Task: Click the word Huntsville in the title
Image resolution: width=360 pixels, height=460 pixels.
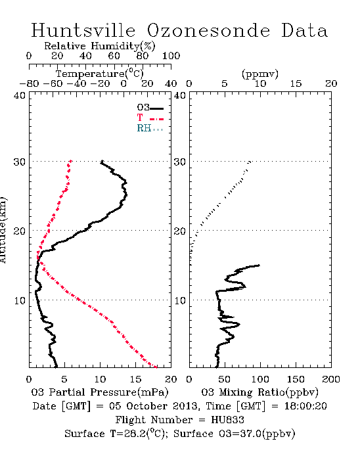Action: click(83, 30)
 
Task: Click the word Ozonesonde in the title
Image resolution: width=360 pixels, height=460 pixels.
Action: click(208, 30)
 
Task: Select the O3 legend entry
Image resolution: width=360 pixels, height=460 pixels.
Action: click(150, 108)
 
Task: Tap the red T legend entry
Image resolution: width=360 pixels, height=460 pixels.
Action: click(150, 118)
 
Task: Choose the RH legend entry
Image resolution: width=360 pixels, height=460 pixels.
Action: click(150, 128)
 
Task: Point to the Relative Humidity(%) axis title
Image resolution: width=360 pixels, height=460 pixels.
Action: click(100, 46)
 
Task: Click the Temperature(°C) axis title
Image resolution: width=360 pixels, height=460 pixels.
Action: click(99, 74)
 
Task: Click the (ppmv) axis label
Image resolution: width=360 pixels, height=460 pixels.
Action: click(260, 74)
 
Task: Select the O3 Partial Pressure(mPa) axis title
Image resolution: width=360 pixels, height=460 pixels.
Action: click(100, 392)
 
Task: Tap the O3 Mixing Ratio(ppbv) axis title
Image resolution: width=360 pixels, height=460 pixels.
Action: click(259, 392)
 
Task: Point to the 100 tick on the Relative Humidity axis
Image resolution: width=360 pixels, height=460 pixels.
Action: click(171, 56)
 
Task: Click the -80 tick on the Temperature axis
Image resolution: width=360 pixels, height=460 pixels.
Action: click(29, 84)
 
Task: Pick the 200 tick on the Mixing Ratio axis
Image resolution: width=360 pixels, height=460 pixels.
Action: click(331, 379)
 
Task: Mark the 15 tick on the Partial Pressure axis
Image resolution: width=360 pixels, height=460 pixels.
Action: click(135, 379)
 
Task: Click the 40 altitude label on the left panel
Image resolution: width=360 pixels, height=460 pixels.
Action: click(20, 95)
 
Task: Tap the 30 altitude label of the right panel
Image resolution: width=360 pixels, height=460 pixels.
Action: click(180, 162)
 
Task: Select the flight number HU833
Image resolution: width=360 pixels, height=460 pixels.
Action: click(227, 420)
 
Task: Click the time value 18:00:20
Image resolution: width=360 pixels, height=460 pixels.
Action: click(305, 406)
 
